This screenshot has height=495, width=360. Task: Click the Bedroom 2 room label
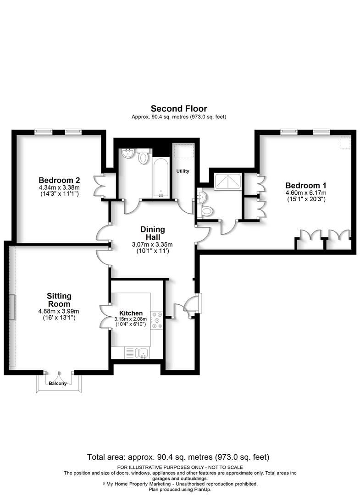pyautogui.click(x=59, y=180)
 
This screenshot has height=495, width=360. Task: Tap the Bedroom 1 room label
pyautogui.click(x=306, y=186)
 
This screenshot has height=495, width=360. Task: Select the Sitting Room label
pyautogui.click(x=59, y=300)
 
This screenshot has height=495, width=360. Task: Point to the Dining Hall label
pyautogui.click(x=153, y=233)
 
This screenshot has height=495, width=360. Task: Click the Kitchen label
pyautogui.click(x=131, y=313)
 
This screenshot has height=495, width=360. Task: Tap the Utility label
pyautogui.click(x=183, y=171)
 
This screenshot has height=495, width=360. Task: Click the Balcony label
pyautogui.click(x=58, y=384)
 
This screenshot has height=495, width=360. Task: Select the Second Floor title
pyautogui.click(x=179, y=109)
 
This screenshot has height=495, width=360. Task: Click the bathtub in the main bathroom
pyautogui.click(x=161, y=177)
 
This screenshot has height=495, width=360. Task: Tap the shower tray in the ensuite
pyautogui.click(x=227, y=182)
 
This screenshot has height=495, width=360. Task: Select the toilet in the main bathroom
pyautogui.click(x=144, y=156)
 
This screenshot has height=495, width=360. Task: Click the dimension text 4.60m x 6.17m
pyautogui.click(x=306, y=193)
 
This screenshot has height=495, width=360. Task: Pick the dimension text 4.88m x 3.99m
pyautogui.click(x=59, y=311)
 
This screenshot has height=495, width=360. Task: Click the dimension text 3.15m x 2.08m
pyautogui.click(x=131, y=319)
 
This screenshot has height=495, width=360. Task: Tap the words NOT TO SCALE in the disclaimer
pyautogui.click(x=226, y=467)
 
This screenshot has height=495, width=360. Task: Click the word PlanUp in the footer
pyautogui.click(x=203, y=489)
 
